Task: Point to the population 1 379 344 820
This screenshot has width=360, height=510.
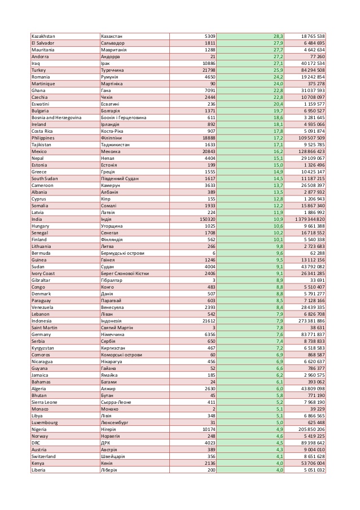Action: (x=305, y=219)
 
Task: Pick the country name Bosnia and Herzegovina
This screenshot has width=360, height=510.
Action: (x=56, y=117)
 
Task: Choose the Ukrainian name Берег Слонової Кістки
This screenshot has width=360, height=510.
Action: (x=125, y=273)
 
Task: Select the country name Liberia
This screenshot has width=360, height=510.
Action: (x=39, y=470)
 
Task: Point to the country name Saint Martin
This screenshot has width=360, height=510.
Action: (x=44, y=328)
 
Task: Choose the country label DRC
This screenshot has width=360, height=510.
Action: (x=36, y=443)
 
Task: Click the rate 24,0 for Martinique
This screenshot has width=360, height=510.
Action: (x=278, y=84)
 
